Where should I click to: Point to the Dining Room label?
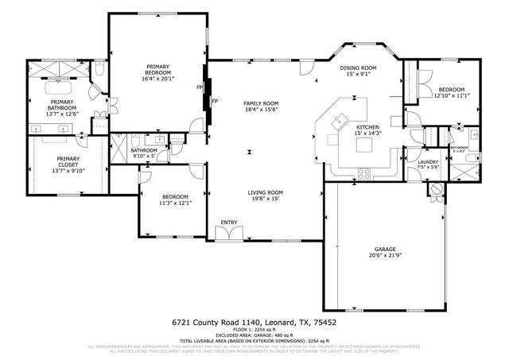point(358,69)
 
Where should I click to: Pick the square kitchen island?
point(343,122)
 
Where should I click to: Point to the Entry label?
point(229,222)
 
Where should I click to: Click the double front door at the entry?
point(229,234)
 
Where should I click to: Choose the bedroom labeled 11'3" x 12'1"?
point(175,199)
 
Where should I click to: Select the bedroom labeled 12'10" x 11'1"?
point(452,92)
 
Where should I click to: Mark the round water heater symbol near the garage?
point(435,189)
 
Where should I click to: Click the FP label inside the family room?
point(216,101)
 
